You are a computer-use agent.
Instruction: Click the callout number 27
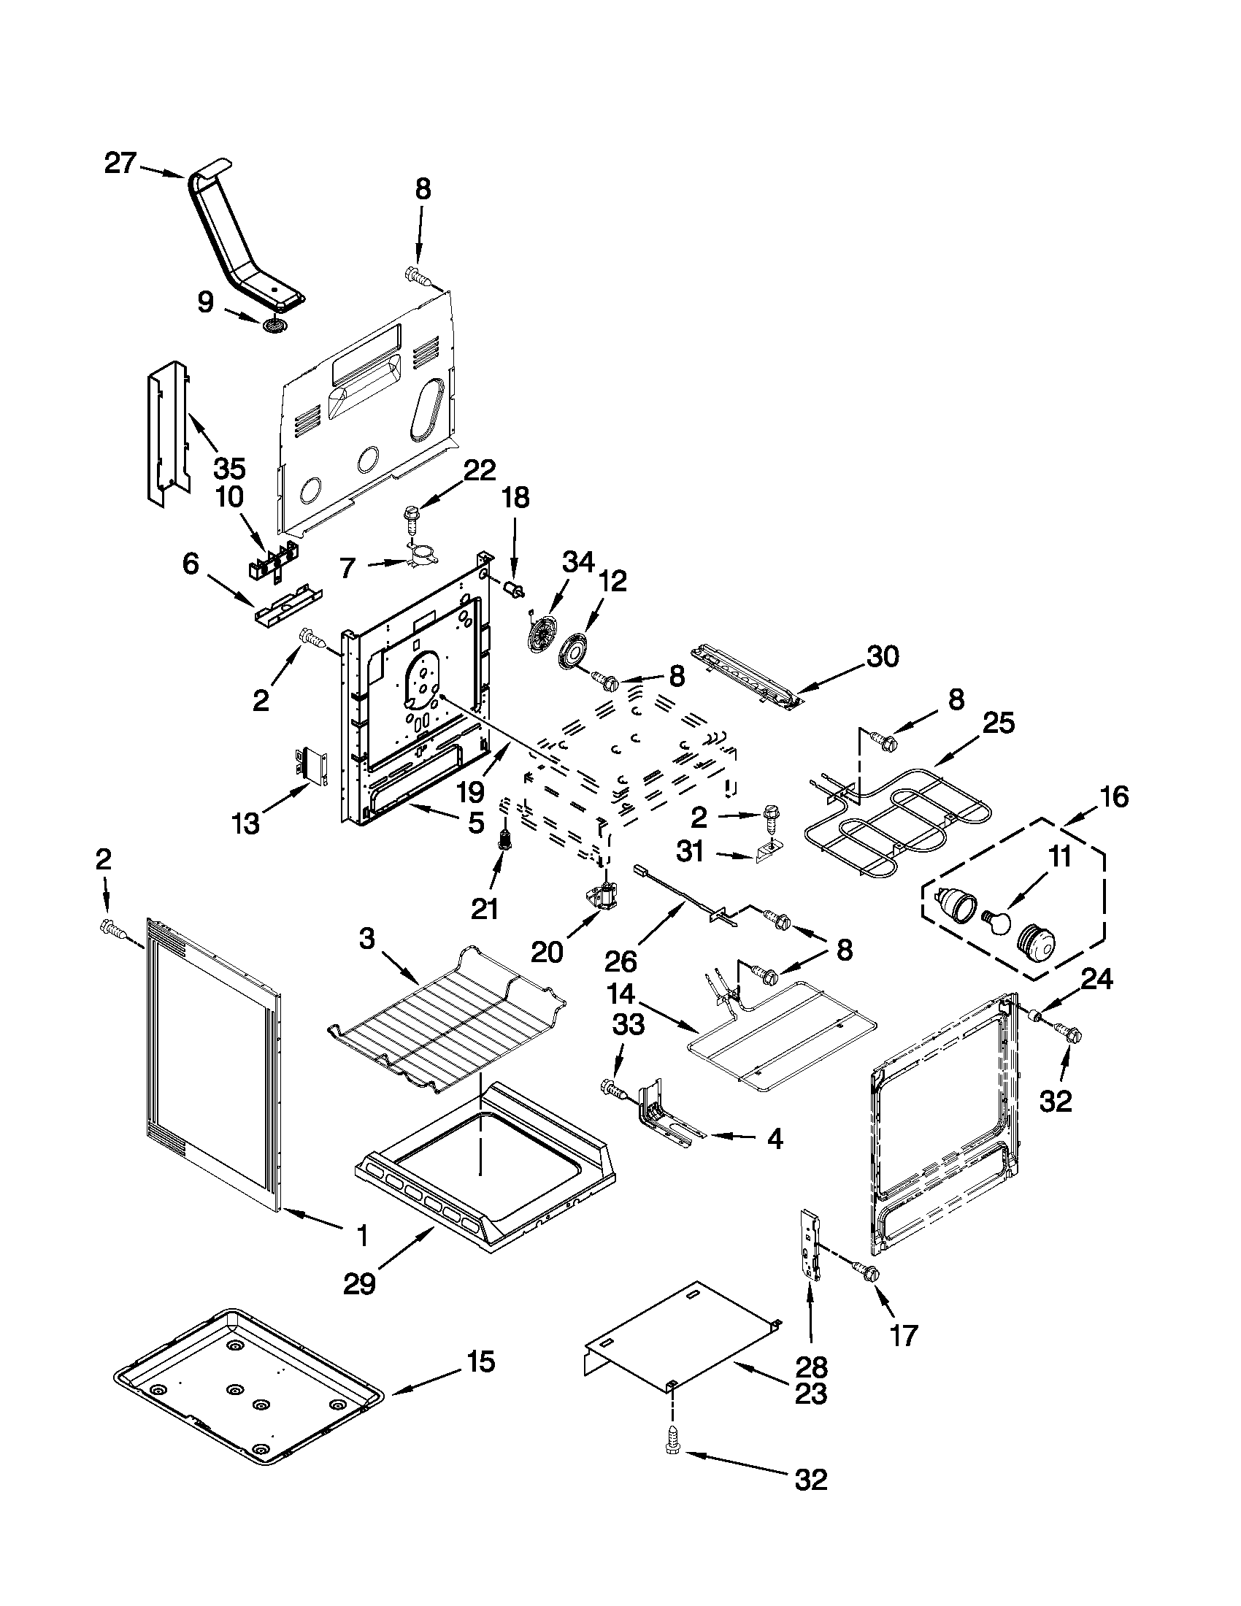(x=120, y=164)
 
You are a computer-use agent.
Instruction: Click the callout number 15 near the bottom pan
(x=480, y=1362)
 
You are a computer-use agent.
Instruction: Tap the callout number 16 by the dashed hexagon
(x=1115, y=796)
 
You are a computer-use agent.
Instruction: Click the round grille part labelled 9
(x=275, y=325)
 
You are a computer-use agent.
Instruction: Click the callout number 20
(x=547, y=952)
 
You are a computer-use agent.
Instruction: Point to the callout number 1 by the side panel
(x=361, y=1235)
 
